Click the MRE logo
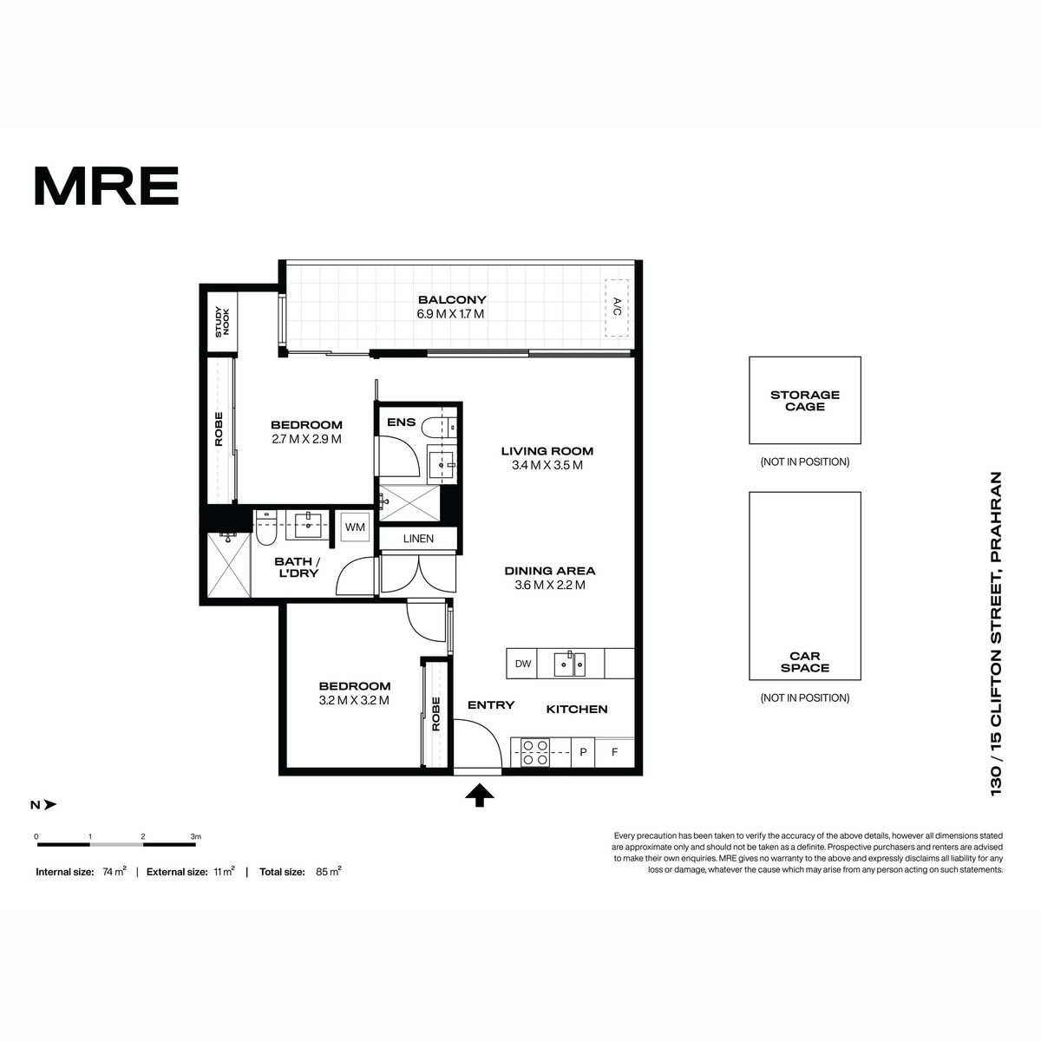pos(107,186)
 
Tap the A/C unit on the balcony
pos(617,307)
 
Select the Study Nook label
pos(222,322)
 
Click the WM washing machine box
pos(355,527)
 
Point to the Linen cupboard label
pos(418,539)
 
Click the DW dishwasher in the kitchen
pos(523,664)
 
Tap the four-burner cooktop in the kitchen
pos(535,752)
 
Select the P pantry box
pos(583,752)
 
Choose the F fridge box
pos(614,752)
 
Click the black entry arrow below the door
pos(479,795)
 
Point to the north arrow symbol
pos(49,805)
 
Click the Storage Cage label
pos(804,401)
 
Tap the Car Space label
pos(804,662)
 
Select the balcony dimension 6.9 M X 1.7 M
pos(450,314)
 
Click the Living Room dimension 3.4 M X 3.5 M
pos(547,465)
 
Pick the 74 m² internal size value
pos(114,871)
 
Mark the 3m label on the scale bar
pos(195,837)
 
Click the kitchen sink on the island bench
pos(569,664)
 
